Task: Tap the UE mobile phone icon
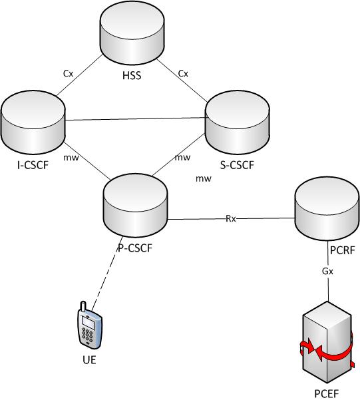click(89, 326)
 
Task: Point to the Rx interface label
click(230, 217)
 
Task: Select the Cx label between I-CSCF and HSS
click(68, 74)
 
